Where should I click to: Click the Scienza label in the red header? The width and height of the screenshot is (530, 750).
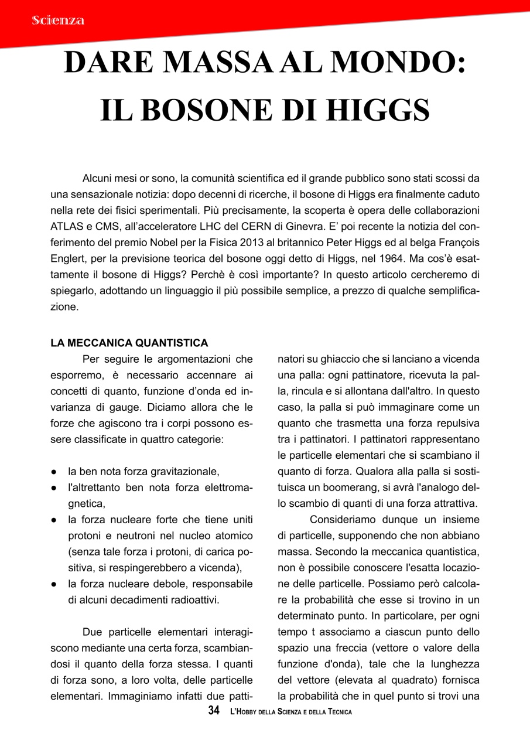(x=59, y=21)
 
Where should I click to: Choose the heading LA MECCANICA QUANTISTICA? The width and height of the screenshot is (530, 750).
(x=129, y=342)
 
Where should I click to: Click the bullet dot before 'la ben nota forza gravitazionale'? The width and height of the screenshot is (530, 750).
(x=53, y=471)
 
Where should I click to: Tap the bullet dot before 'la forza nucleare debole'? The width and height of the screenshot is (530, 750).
(x=53, y=584)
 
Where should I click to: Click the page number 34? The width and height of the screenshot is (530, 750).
(x=214, y=711)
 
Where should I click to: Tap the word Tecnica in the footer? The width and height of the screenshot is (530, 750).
(x=336, y=712)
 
